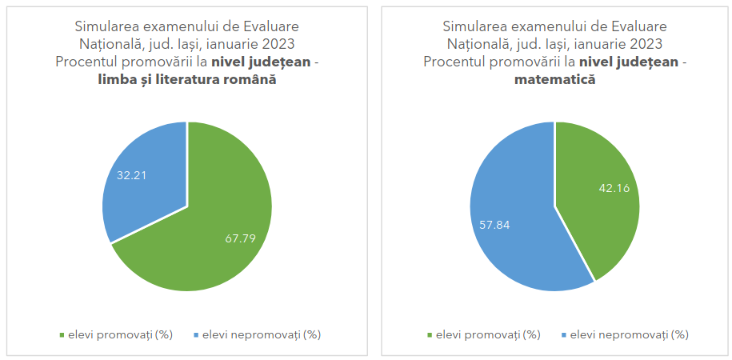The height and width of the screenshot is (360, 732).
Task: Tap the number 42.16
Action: pyautogui.click(x=614, y=188)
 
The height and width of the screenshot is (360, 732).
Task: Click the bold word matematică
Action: pyautogui.click(x=554, y=80)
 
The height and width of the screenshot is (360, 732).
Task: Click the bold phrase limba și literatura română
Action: pyautogui.click(x=186, y=80)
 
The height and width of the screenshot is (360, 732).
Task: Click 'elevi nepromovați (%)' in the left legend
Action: pyautogui.click(x=262, y=334)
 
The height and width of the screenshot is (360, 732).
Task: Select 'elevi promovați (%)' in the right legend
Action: pyautogui.click(x=488, y=334)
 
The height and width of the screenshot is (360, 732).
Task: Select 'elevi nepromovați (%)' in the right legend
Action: pyautogui.click(x=630, y=334)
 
